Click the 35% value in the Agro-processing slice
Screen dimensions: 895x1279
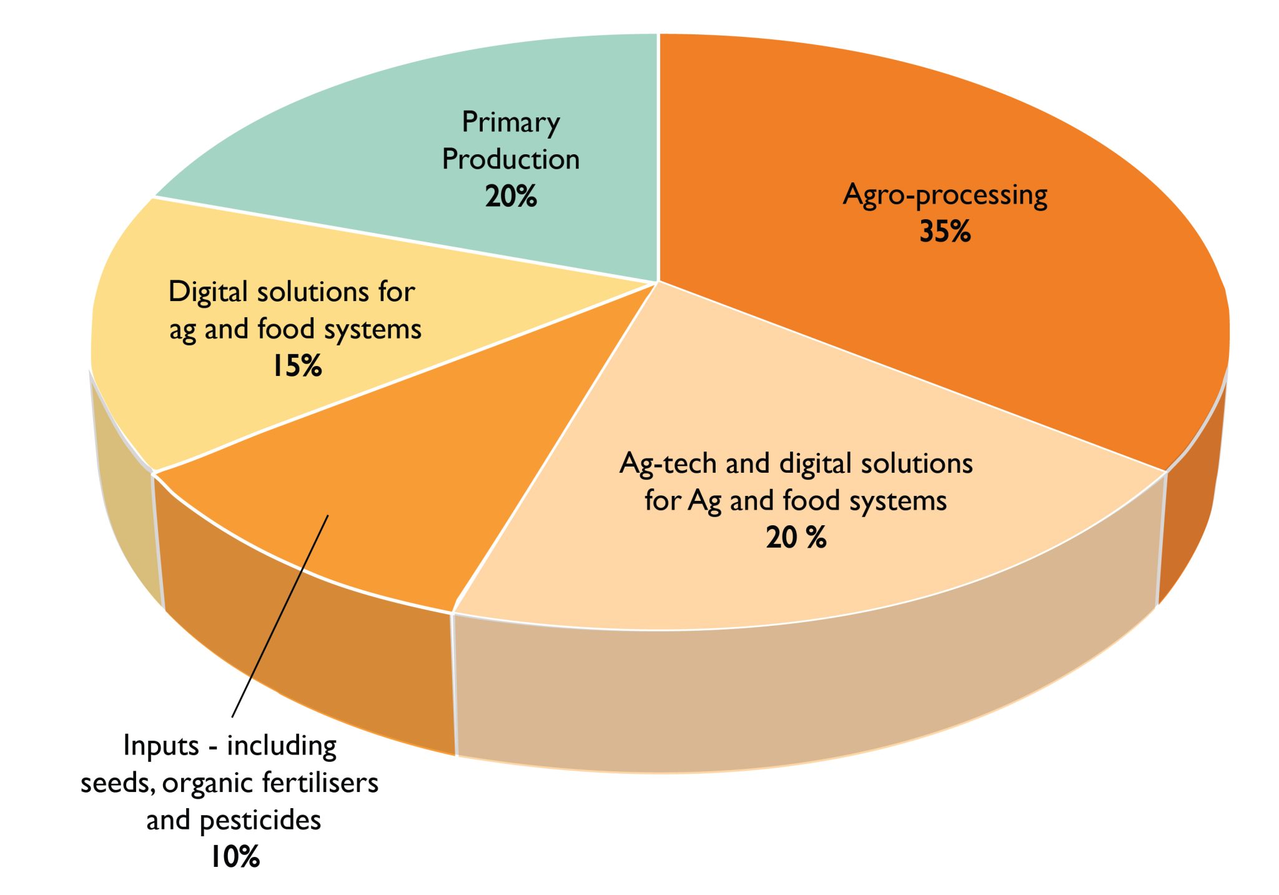(945, 232)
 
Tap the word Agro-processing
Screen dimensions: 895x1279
(945, 195)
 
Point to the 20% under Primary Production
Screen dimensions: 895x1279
(511, 197)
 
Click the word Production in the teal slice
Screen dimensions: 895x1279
(511, 159)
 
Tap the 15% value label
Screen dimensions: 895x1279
(297, 366)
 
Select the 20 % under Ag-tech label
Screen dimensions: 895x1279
(796, 538)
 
